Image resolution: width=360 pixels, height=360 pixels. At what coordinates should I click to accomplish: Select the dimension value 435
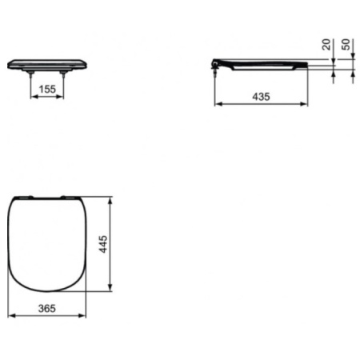262,95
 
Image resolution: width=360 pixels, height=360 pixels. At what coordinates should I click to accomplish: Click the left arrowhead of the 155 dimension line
34,99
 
